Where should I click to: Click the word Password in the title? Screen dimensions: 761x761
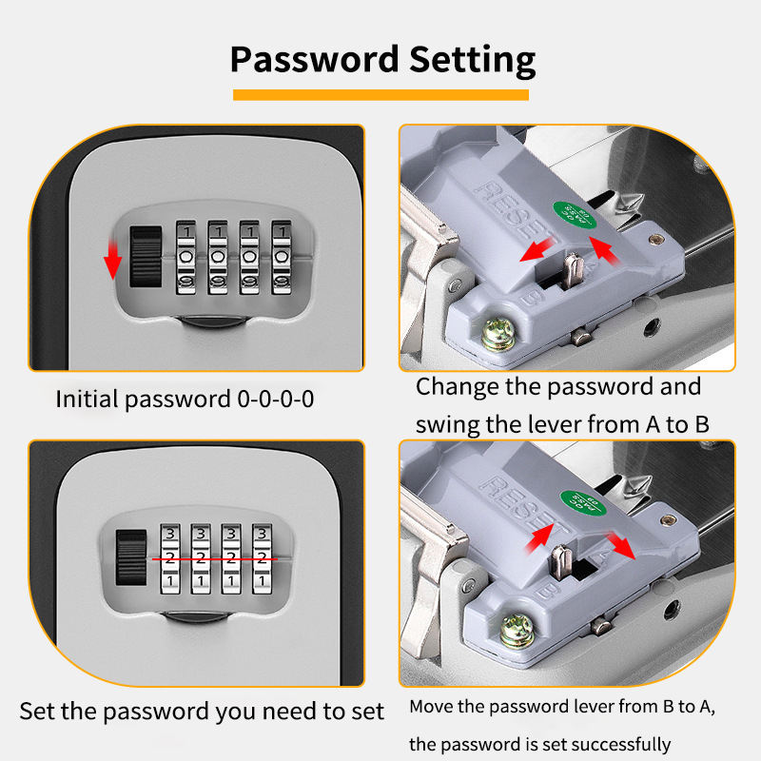(314, 60)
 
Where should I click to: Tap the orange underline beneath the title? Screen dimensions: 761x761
(380, 94)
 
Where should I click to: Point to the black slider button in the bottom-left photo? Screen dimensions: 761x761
(127, 556)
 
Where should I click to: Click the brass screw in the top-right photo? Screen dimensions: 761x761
(497, 331)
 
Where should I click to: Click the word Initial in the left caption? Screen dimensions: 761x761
(87, 399)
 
